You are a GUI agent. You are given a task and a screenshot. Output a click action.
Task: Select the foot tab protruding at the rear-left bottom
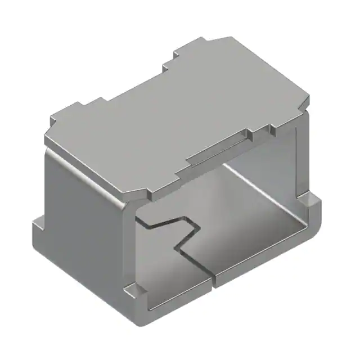click(x=37, y=228)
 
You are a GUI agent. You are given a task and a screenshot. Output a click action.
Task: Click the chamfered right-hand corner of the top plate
click(x=307, y=101)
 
